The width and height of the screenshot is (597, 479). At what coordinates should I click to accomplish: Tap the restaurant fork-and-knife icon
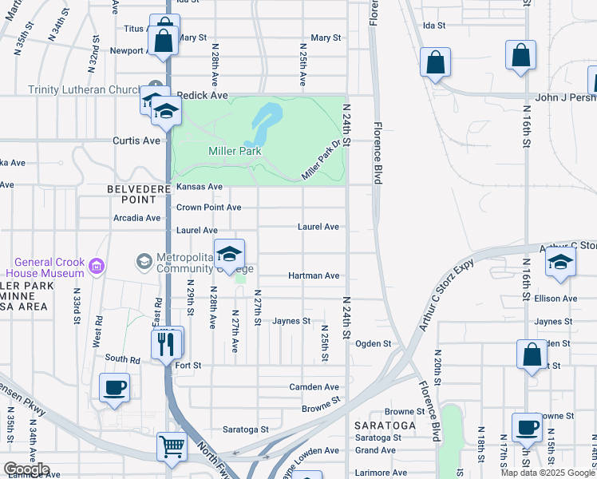tap(166, 344)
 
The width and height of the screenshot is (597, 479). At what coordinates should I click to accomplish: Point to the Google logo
tap(26, 469)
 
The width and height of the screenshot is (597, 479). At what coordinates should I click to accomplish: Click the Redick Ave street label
tap(202, 95)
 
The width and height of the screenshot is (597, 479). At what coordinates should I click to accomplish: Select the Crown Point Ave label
tap(208, 207)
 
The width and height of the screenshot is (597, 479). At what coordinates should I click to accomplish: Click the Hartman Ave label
tap(314, 275)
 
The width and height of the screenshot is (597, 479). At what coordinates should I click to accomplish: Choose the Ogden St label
tap(373, 344)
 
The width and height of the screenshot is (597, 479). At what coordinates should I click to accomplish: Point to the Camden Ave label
tap(314, 386)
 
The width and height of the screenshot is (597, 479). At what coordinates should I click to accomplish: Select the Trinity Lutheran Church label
tap(85, 89)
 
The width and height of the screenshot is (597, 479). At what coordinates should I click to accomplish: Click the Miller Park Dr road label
tap(322, 160)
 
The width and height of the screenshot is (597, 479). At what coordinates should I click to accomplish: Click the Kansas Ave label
tap(199, 187)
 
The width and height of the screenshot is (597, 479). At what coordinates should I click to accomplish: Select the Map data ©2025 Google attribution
tap(548, 473)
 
